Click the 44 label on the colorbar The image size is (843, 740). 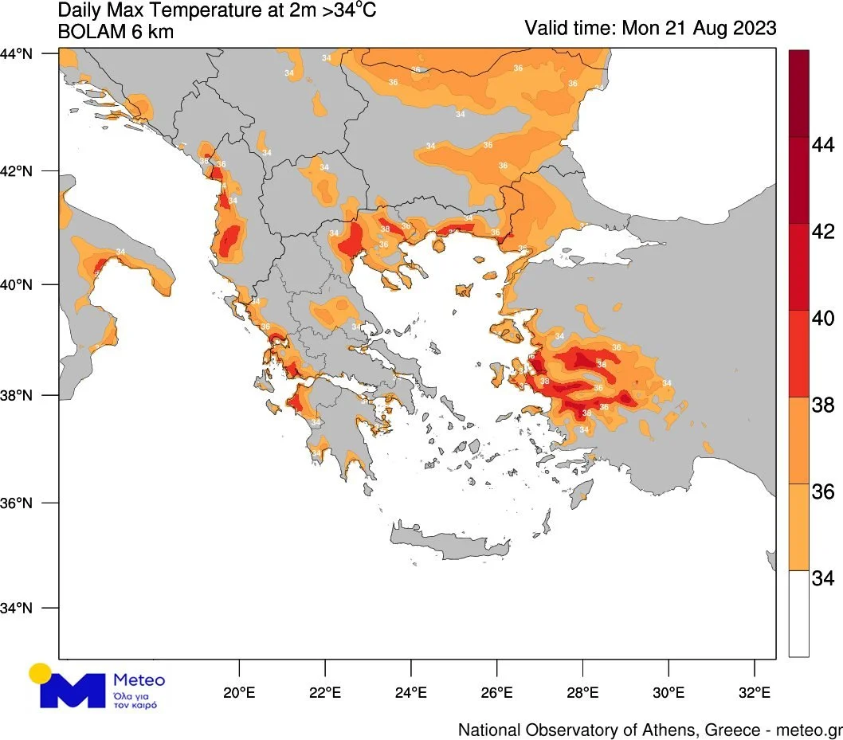tap(822, 146)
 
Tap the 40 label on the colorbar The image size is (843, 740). tap(822, 319)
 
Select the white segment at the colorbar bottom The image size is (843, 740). tap(798, 613)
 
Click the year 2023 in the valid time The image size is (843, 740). tap(747, 28)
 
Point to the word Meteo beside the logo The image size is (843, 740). tap(139, 680)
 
